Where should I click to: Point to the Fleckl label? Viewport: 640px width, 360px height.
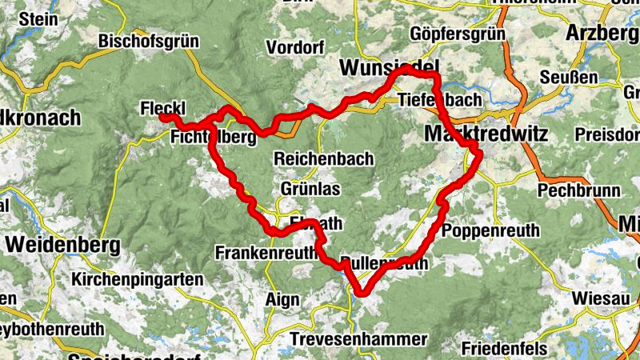tap(162, 107)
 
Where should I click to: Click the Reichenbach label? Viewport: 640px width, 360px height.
tap(323, 158)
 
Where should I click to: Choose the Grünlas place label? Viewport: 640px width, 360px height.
tap(310, 189)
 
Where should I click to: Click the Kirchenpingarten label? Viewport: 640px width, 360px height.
tap(138, 280)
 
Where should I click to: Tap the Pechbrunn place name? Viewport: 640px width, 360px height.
tap(567, 190)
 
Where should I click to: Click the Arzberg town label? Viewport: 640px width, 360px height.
tap(602, 33)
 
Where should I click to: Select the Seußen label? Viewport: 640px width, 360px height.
tap(569, 78)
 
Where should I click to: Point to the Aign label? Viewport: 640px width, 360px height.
tap(282, 300)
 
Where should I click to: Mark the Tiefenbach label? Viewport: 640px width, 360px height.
tap(440, 100)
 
